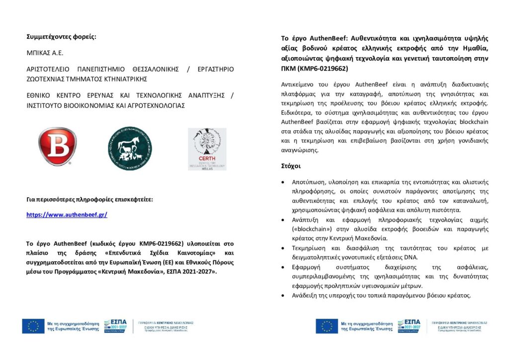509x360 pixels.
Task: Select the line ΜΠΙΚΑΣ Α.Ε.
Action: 46,52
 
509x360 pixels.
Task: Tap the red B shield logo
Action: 58,147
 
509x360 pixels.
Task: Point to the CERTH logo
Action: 207,149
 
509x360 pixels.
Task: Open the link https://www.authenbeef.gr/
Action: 67,215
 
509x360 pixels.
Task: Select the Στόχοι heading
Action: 291,166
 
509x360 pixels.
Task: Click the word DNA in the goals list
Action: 411,257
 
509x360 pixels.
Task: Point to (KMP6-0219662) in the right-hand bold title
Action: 323,68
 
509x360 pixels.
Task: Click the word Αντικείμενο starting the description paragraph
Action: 300,84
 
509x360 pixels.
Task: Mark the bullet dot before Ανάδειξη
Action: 283,295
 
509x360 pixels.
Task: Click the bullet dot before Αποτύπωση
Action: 283,181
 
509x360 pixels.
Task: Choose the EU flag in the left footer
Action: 33,326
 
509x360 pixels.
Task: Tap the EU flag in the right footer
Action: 327,326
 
